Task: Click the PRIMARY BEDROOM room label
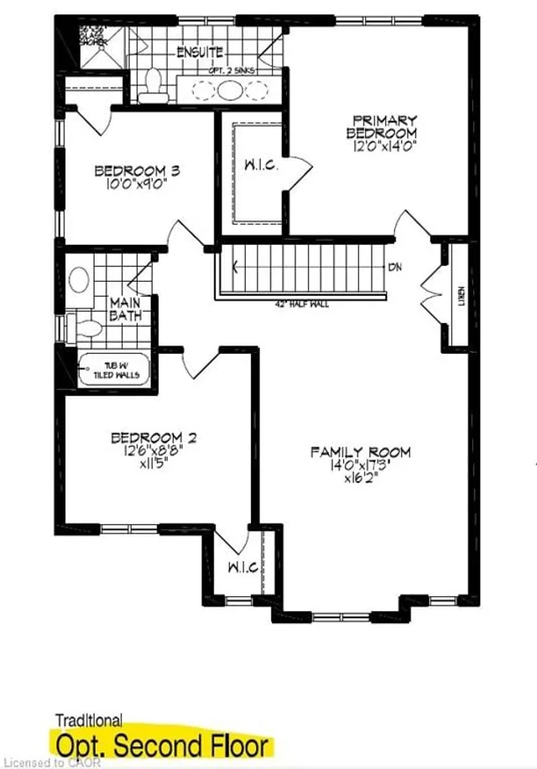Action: [x=383, y=126]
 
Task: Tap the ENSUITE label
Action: [x=200, y=53]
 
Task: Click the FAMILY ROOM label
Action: [x=361, y=452]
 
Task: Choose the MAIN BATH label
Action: [x=127, y=308]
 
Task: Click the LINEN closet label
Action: [x=461, y=297]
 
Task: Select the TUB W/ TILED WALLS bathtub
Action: [x=113, y=370]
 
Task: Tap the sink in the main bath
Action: [x=80, y=279]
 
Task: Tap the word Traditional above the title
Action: [x=88, y=720]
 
